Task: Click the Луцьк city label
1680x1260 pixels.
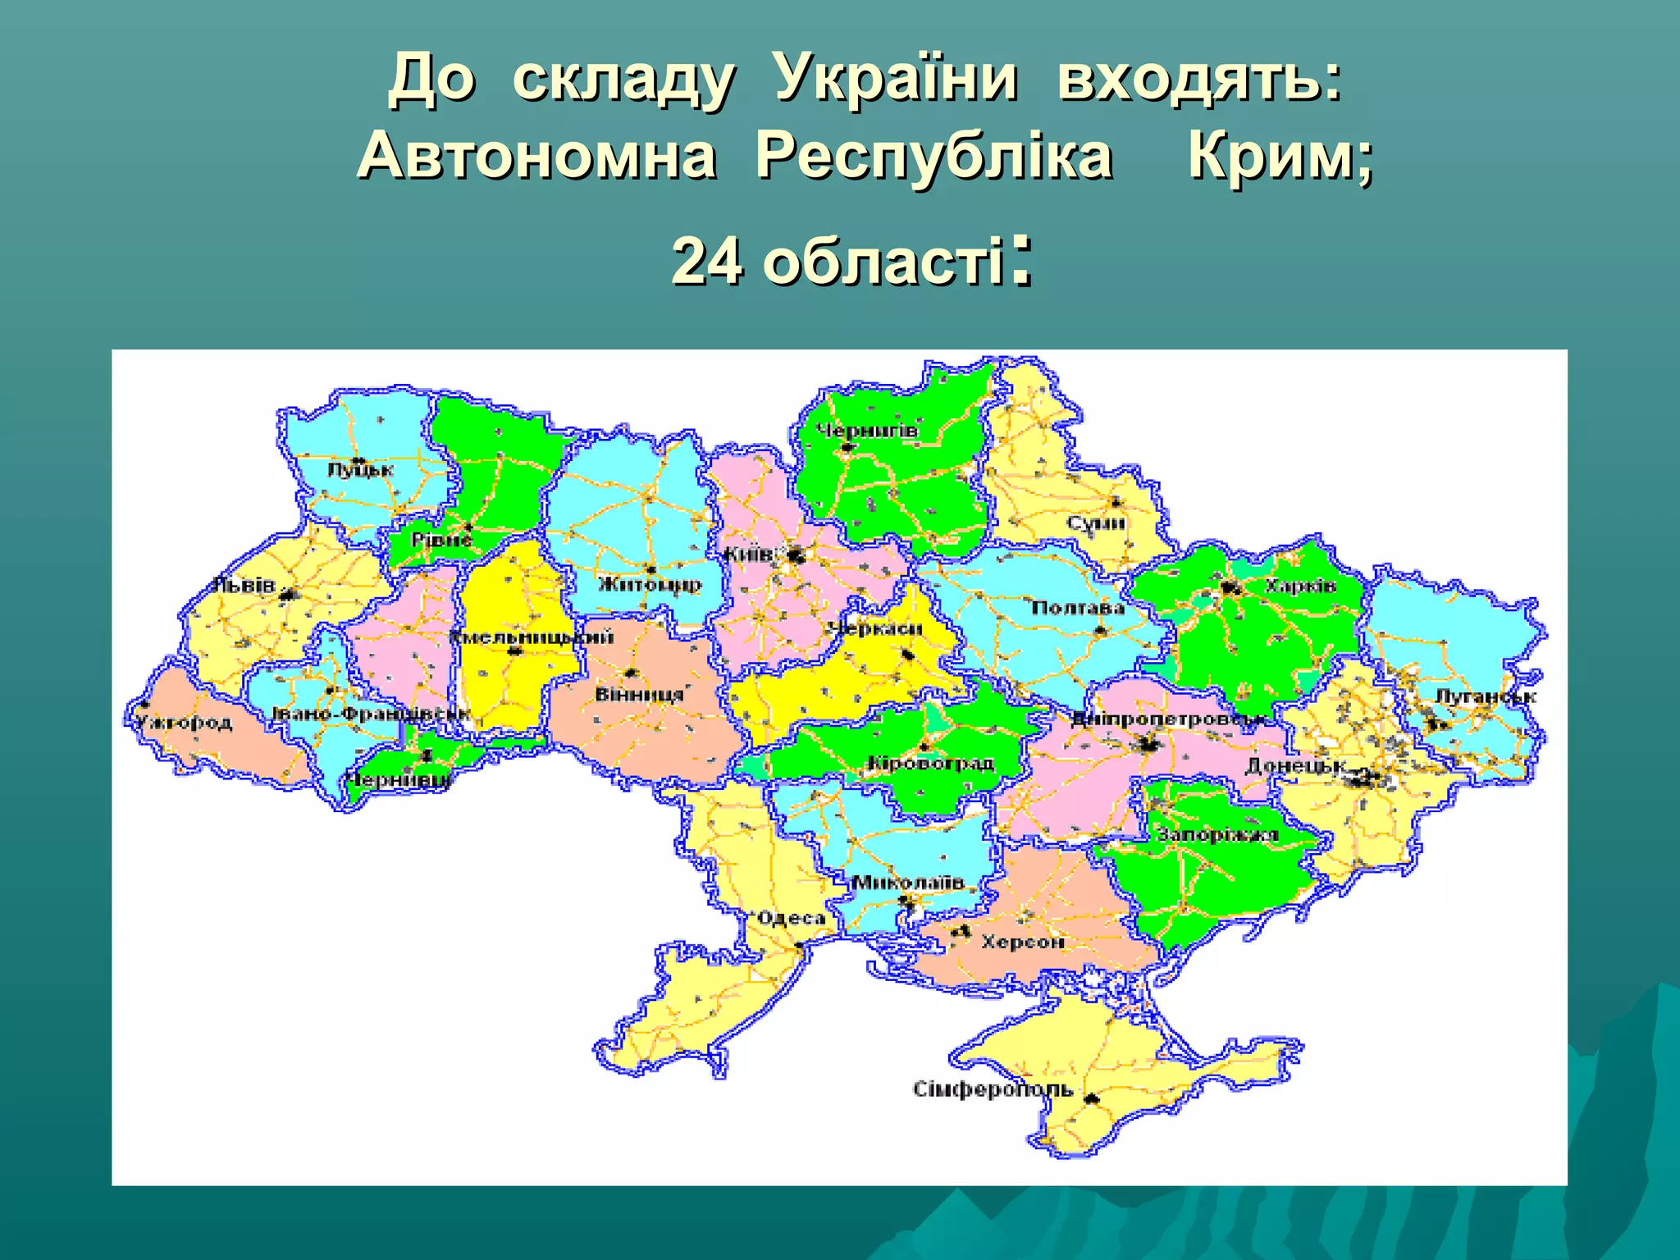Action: pyautogui.click(x=360, y=470)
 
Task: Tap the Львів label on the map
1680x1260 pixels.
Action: pyautogui.click(x=244, y=586)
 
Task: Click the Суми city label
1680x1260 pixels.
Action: pyautogui.click(x=1096, y=523)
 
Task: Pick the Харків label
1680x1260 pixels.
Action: pyautogui.click(x=1300, y=586)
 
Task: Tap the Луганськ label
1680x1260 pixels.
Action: pyautogui.click(x=1486, y=696)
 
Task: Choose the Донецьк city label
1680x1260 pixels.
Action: pyautogui.click(x=1295, y=766)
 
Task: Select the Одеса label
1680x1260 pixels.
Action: pyautogui.click(x=791, y=918)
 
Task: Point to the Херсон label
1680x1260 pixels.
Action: pyautogui.click(x=1023, y=943)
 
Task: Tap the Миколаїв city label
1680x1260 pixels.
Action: pyautogui.click(x=908, y=883)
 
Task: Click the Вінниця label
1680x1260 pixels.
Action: pyautogui.click(x=639, y=695)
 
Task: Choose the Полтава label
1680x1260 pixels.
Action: pyautogui.click(x=1078, y=608)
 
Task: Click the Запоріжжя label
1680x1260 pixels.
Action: pyautogui.click(x=1217, y=835)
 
